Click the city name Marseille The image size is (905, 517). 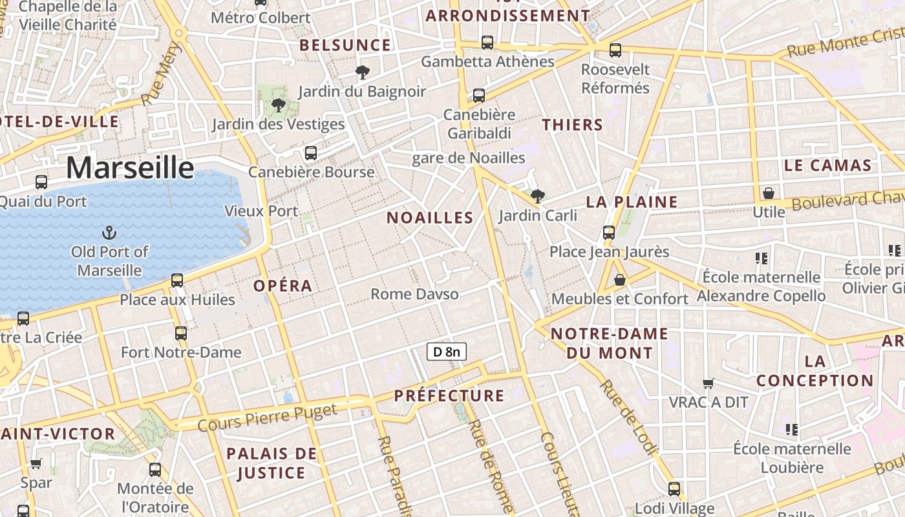tap(130, 167)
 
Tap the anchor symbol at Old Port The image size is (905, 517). tap(109, 232)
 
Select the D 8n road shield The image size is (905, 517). tap(446, 352)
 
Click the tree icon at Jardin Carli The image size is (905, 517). tap(537, 196)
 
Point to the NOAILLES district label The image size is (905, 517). tap(430, 218)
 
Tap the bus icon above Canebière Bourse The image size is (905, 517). tap(311, 153)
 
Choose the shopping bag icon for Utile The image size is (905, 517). tap(769, 193)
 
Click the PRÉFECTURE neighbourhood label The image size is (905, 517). tap(449, 396)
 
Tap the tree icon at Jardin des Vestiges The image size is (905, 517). tap(279, 105)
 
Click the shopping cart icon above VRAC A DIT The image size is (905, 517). tap(708, 384)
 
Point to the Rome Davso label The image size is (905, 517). tap(414, 294)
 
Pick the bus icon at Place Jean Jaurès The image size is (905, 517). tap(608, 232)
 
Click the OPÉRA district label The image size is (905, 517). tap(282, 286)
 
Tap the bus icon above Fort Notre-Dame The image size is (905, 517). tap(181, 333)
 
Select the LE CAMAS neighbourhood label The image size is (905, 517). tap(827, 165)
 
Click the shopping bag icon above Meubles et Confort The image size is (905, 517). tap(620, 280)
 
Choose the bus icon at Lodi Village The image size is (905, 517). tap(674, 489)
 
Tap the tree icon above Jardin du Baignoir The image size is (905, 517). tap(363, 72)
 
